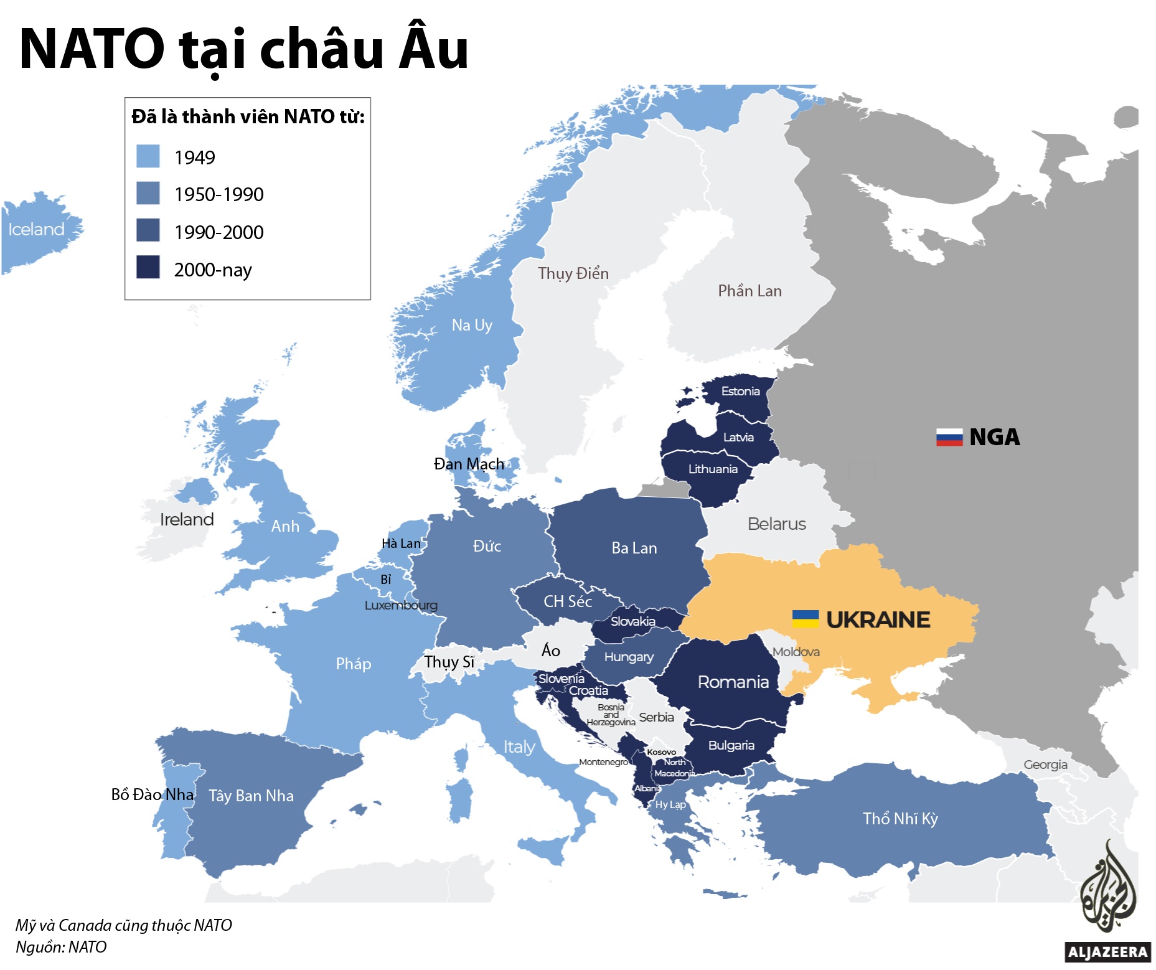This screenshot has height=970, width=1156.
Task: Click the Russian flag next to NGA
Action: coord(949,438)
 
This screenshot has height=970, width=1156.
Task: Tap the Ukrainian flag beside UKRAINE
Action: coord(805,619)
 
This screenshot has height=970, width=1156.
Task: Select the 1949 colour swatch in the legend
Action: coord(148,156)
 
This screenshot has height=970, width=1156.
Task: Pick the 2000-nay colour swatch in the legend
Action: coord(148,267)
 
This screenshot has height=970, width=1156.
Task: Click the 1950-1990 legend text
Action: coord(219,195)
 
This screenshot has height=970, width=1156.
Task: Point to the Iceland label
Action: coord(36,230)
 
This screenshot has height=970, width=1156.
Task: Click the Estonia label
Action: coord(740,391)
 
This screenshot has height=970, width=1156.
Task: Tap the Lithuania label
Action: coord(712,469)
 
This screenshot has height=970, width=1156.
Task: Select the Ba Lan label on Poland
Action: coord(634,548)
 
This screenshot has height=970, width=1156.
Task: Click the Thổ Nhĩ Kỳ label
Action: coord(900,819)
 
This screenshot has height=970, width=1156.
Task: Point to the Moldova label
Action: coord(796,652)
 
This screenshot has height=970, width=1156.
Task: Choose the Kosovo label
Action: coord(661,752)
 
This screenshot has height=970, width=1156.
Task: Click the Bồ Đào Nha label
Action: coord(152,794)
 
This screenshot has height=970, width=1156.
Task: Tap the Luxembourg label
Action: coord(401,605)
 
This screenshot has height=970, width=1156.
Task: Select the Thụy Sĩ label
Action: coord(449,662)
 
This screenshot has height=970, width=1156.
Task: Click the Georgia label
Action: coord(1045,765)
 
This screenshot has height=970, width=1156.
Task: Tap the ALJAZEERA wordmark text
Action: coord(1107,952)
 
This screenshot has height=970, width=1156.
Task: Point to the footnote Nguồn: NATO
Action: coord(61,947)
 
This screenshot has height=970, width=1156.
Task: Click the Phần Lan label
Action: coord(750,291)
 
